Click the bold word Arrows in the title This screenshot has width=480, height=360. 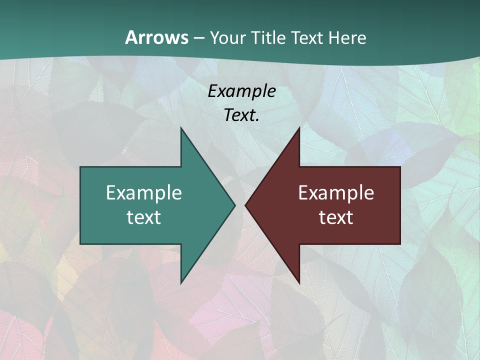[156, 37]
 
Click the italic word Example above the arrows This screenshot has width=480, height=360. [242, 91]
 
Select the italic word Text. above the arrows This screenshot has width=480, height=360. [242, 115]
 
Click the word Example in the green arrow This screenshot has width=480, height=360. [144, 193]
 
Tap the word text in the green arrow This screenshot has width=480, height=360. [144, 217]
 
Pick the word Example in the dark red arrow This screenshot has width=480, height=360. [336, 193]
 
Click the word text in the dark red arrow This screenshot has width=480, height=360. [336, 217]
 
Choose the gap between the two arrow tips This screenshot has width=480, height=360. [240, 205]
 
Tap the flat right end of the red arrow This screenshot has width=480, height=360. [399, 205]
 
